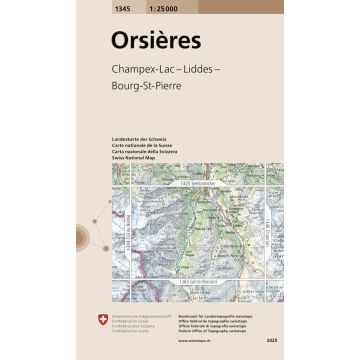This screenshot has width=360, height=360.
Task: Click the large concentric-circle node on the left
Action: coord(81,238)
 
